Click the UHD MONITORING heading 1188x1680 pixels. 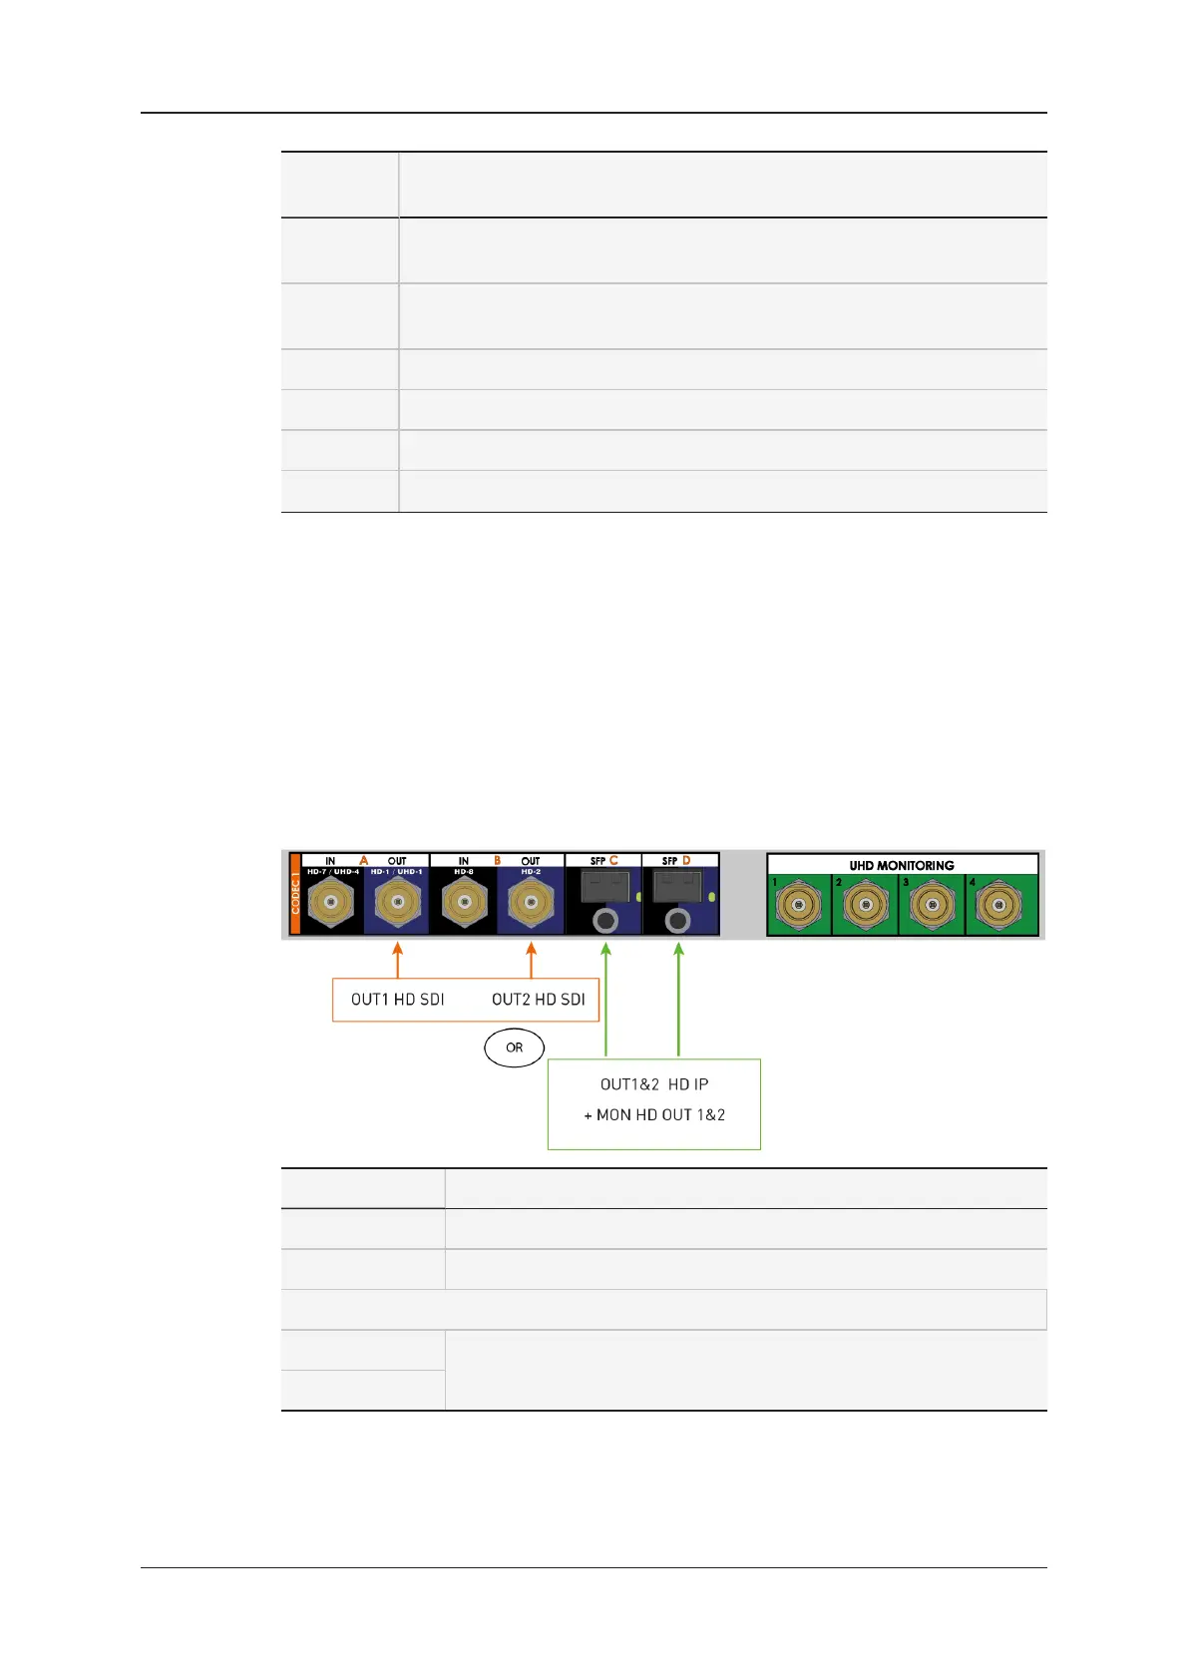coord(902,865)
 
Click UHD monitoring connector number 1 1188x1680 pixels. coord(798,907)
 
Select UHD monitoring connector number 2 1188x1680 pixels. coord(865,907)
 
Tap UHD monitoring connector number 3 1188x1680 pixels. coord(932,907)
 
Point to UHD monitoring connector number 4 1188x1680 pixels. coord(998,907)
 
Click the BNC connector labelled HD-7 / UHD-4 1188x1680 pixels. coord(331,905)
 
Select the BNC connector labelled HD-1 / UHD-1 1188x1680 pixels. coord(397,905)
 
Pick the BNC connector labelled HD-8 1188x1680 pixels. coord(464,905)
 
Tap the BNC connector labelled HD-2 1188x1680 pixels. coord(530,905)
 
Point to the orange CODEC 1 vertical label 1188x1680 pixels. coord(295,894)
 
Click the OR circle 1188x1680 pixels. coord(515,1048)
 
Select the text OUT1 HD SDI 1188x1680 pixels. coord(397,1000)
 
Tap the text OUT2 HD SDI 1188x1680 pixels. coord(539,1000)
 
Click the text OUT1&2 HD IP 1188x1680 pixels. coord(654,1084)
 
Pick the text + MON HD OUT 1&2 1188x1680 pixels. coord(654,1115)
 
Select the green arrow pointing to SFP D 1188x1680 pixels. coord(679,998)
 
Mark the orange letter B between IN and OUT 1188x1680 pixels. coord(498,860)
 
